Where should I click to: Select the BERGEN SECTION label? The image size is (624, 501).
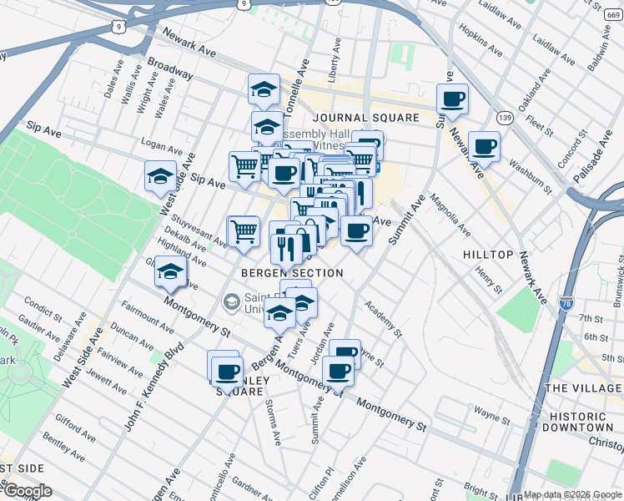click(292, 273)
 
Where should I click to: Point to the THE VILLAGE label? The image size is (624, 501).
click(583, 388)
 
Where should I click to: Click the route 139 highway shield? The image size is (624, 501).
click(504, 116)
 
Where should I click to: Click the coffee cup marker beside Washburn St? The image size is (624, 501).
click(484, 148)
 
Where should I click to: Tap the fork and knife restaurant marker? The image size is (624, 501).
click(286, 248)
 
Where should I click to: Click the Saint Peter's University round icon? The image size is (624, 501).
click(230, 301)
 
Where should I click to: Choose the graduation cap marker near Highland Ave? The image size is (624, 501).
click(171, 272)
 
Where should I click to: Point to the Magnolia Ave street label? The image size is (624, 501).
click(451, 215)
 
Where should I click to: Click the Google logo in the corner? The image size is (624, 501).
click(27, 491)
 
